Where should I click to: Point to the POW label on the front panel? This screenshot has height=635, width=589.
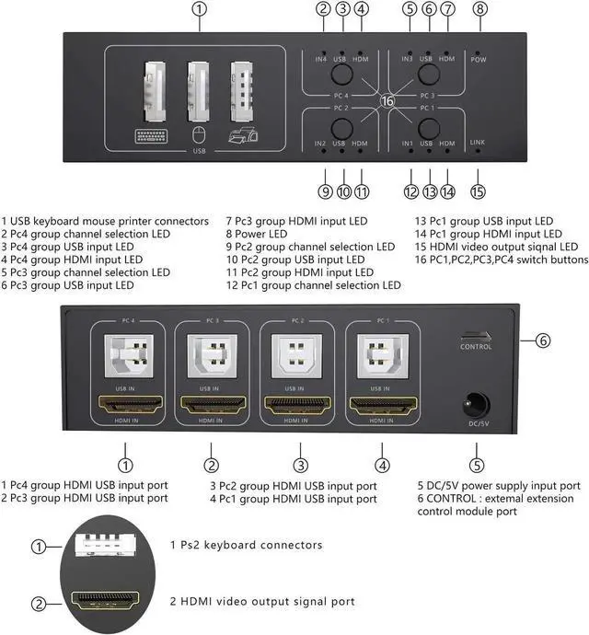(x=478, y=60)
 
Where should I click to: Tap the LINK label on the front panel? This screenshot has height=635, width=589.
(x=477, y=143)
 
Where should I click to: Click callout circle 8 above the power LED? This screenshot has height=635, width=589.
(x=479, y=9)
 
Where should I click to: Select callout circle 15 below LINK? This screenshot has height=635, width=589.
(x=477, y=192)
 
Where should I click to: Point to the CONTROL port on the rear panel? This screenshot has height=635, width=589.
(x=476, y=336)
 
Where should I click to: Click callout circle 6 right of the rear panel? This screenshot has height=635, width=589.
(x=543, y=341)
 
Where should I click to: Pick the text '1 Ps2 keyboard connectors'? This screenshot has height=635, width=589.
(x=247, y=545)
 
